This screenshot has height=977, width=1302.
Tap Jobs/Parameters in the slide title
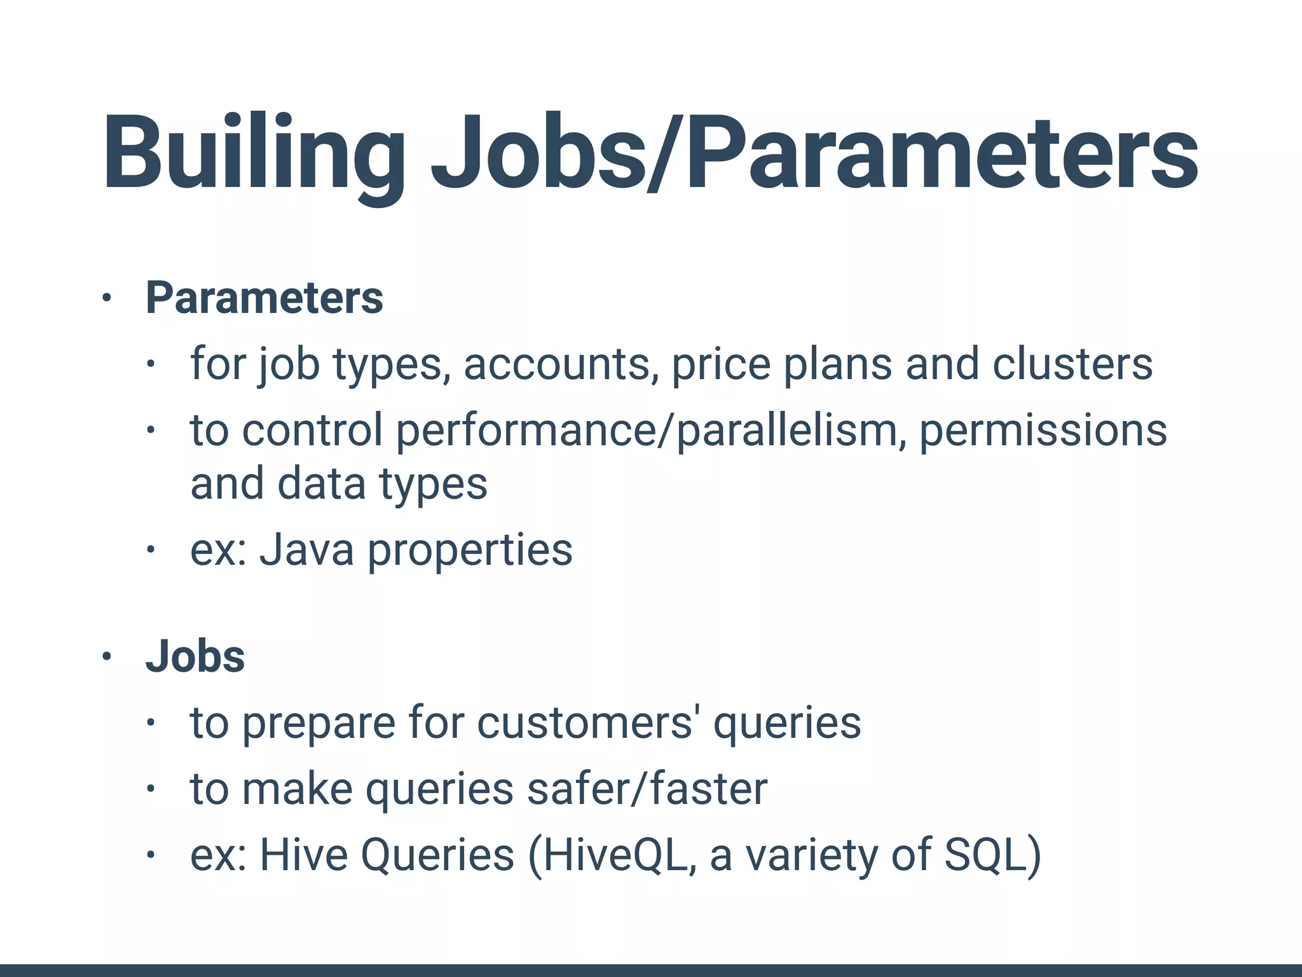coord(814,153)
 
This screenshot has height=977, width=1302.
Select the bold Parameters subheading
coord(264,298)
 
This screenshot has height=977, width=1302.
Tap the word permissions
coord(1043,430)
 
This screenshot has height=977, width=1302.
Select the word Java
coord(306,550)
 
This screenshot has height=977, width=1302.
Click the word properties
coord(470,550)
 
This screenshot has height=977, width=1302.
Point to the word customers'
coord(584,723)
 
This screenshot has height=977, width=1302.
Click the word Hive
coord(303,854)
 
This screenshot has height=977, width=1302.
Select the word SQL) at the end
coord(992,854)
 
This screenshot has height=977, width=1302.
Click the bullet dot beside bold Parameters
coord(107,298)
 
